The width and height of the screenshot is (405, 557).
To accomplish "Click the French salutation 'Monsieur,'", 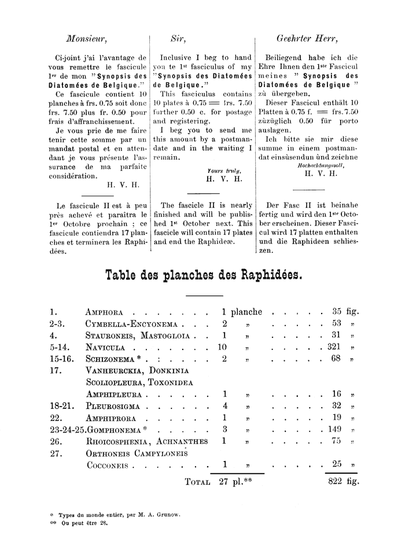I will [87, 39].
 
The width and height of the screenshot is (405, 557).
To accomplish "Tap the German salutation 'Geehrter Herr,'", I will [308, 39].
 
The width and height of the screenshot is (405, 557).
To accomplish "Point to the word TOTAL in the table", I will [197, 482].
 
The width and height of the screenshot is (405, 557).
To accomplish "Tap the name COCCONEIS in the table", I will [109, 465].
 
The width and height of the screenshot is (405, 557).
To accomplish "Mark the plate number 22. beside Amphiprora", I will [56, 418].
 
